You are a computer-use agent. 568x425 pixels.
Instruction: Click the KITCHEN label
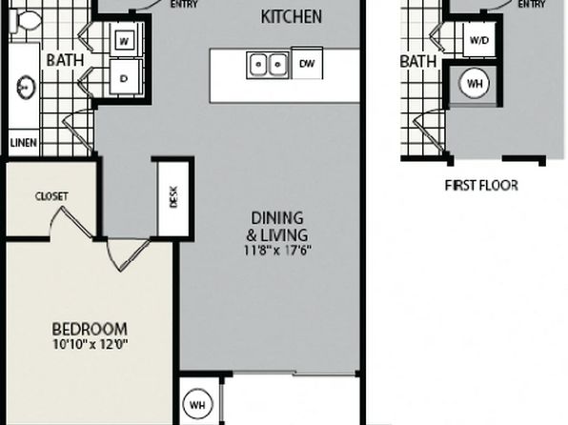[x=292, y=17]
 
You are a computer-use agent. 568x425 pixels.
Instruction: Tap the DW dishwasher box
[x=307, y=63]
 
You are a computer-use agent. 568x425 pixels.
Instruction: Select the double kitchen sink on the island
[x=268, y=65]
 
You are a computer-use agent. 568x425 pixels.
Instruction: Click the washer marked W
[x=124, y=41]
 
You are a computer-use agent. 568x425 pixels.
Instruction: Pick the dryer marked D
[x=124, y=78]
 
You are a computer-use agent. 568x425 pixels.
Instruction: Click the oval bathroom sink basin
[x=26, y=87]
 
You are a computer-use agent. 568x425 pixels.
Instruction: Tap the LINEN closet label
[x=24, y=142]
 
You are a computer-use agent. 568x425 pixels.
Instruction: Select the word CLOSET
[x=51, y=196]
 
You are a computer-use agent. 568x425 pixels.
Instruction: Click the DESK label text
[x=173, y=196]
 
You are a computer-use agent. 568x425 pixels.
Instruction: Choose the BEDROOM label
[x=90, y=330]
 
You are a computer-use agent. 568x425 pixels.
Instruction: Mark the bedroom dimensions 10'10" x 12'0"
[x=91, y=344]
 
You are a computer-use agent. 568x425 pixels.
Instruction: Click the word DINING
[x=277, y=218]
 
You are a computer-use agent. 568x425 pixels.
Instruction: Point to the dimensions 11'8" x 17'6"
[x=277, y=251]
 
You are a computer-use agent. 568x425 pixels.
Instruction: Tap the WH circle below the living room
[x=197, y=405]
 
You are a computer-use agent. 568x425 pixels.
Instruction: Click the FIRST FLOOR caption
[x=481, y=186]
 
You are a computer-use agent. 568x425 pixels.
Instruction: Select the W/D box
[x=479, y=40]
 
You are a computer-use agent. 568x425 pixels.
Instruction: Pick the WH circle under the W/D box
[x=475, y=84]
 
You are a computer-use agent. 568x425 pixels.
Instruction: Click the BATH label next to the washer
[x=65, y=60]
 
